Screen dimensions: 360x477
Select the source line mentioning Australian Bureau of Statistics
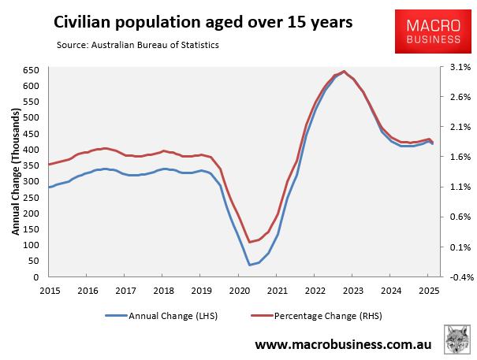pyautogui.click(x=138, y=45)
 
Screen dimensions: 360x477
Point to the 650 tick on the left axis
pyautogui.click(x=32, y=69)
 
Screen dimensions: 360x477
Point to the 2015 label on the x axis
pyautogui.click(x=49, y=290)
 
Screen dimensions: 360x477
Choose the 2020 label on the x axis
pyautogui.click(x=239, y=290)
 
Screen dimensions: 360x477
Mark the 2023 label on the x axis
pyautogui.click(x=352, y=290)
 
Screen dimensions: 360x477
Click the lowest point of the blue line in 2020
pyautogui.click(x=250, y=265)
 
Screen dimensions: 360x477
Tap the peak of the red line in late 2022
pyautogui.click(x=343, y=71)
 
